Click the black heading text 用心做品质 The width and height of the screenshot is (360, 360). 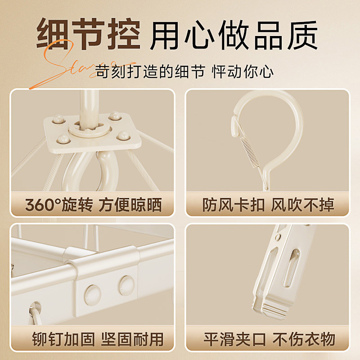coord(234,35)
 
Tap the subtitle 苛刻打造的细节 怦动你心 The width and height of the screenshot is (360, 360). coord(184,71)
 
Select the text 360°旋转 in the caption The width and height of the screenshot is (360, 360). coord(58,205)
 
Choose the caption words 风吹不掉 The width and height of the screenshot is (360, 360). coord(303,205)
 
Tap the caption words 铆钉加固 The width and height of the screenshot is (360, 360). coord(58,339)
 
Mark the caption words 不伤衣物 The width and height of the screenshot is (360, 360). coord(303,339)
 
